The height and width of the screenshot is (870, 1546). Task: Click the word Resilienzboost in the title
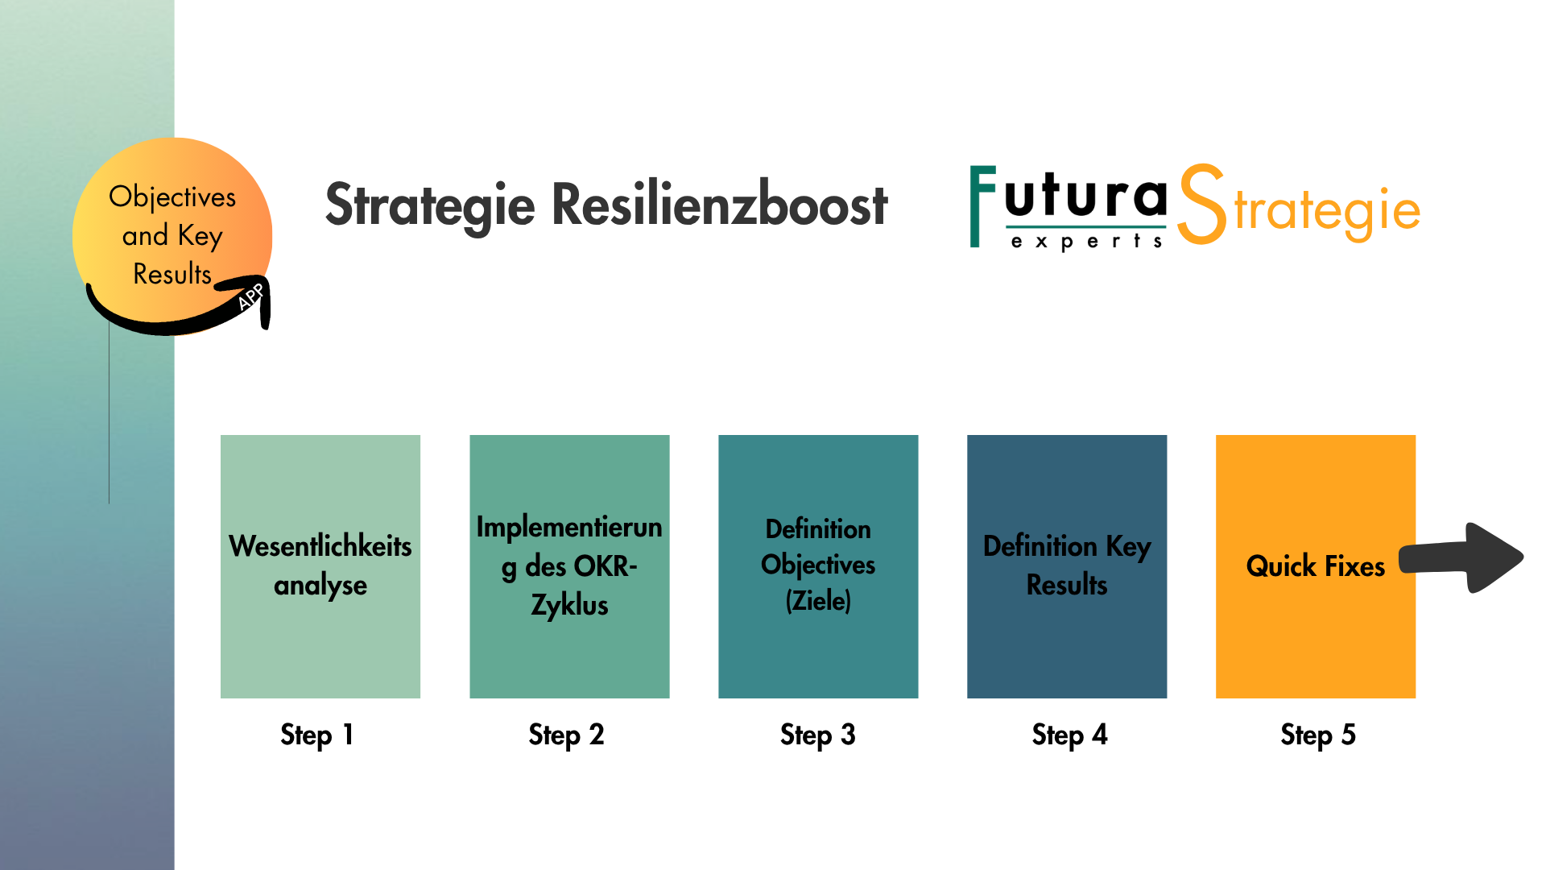[x=719, y=205]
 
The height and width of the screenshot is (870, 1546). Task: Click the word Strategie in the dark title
[x=430, y=205]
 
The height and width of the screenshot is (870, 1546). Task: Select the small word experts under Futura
[x=1086, y=241]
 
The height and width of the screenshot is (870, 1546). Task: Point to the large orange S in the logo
[x=1201, y=205]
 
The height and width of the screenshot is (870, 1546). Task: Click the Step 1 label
[x=316, y=735]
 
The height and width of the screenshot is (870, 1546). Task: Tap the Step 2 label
[x=566, y=735]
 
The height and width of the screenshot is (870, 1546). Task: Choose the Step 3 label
[x=817, y=735]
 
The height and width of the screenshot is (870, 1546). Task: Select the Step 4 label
[x=1069, y=735]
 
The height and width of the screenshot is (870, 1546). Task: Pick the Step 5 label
[x=1318, y=735]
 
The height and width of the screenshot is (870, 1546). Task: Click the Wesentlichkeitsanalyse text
[x=320, y=565]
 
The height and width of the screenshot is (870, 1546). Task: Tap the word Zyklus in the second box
[x=569, y=605]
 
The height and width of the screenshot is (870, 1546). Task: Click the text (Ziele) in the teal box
[x=818, y=600]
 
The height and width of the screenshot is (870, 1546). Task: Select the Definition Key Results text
[x=1067, y=565]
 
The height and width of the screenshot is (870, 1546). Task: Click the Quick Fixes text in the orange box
[x=1315, y=566]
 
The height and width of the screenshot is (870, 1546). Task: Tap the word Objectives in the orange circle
[x=172, y=197]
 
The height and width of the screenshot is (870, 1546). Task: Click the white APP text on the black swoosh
[x=250, y=296]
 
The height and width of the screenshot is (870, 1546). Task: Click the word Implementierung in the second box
[x=568, y=528]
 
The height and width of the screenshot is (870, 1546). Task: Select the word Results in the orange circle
[x=172, y=275]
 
